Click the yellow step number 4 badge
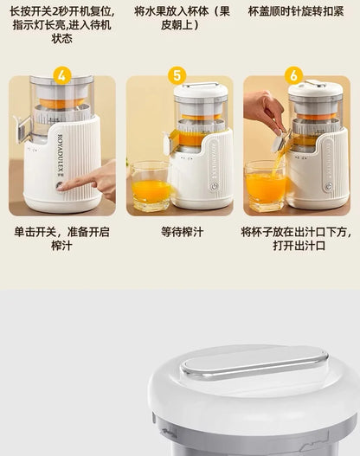[x=61, y=75]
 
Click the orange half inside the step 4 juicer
[x=61, y=103]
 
